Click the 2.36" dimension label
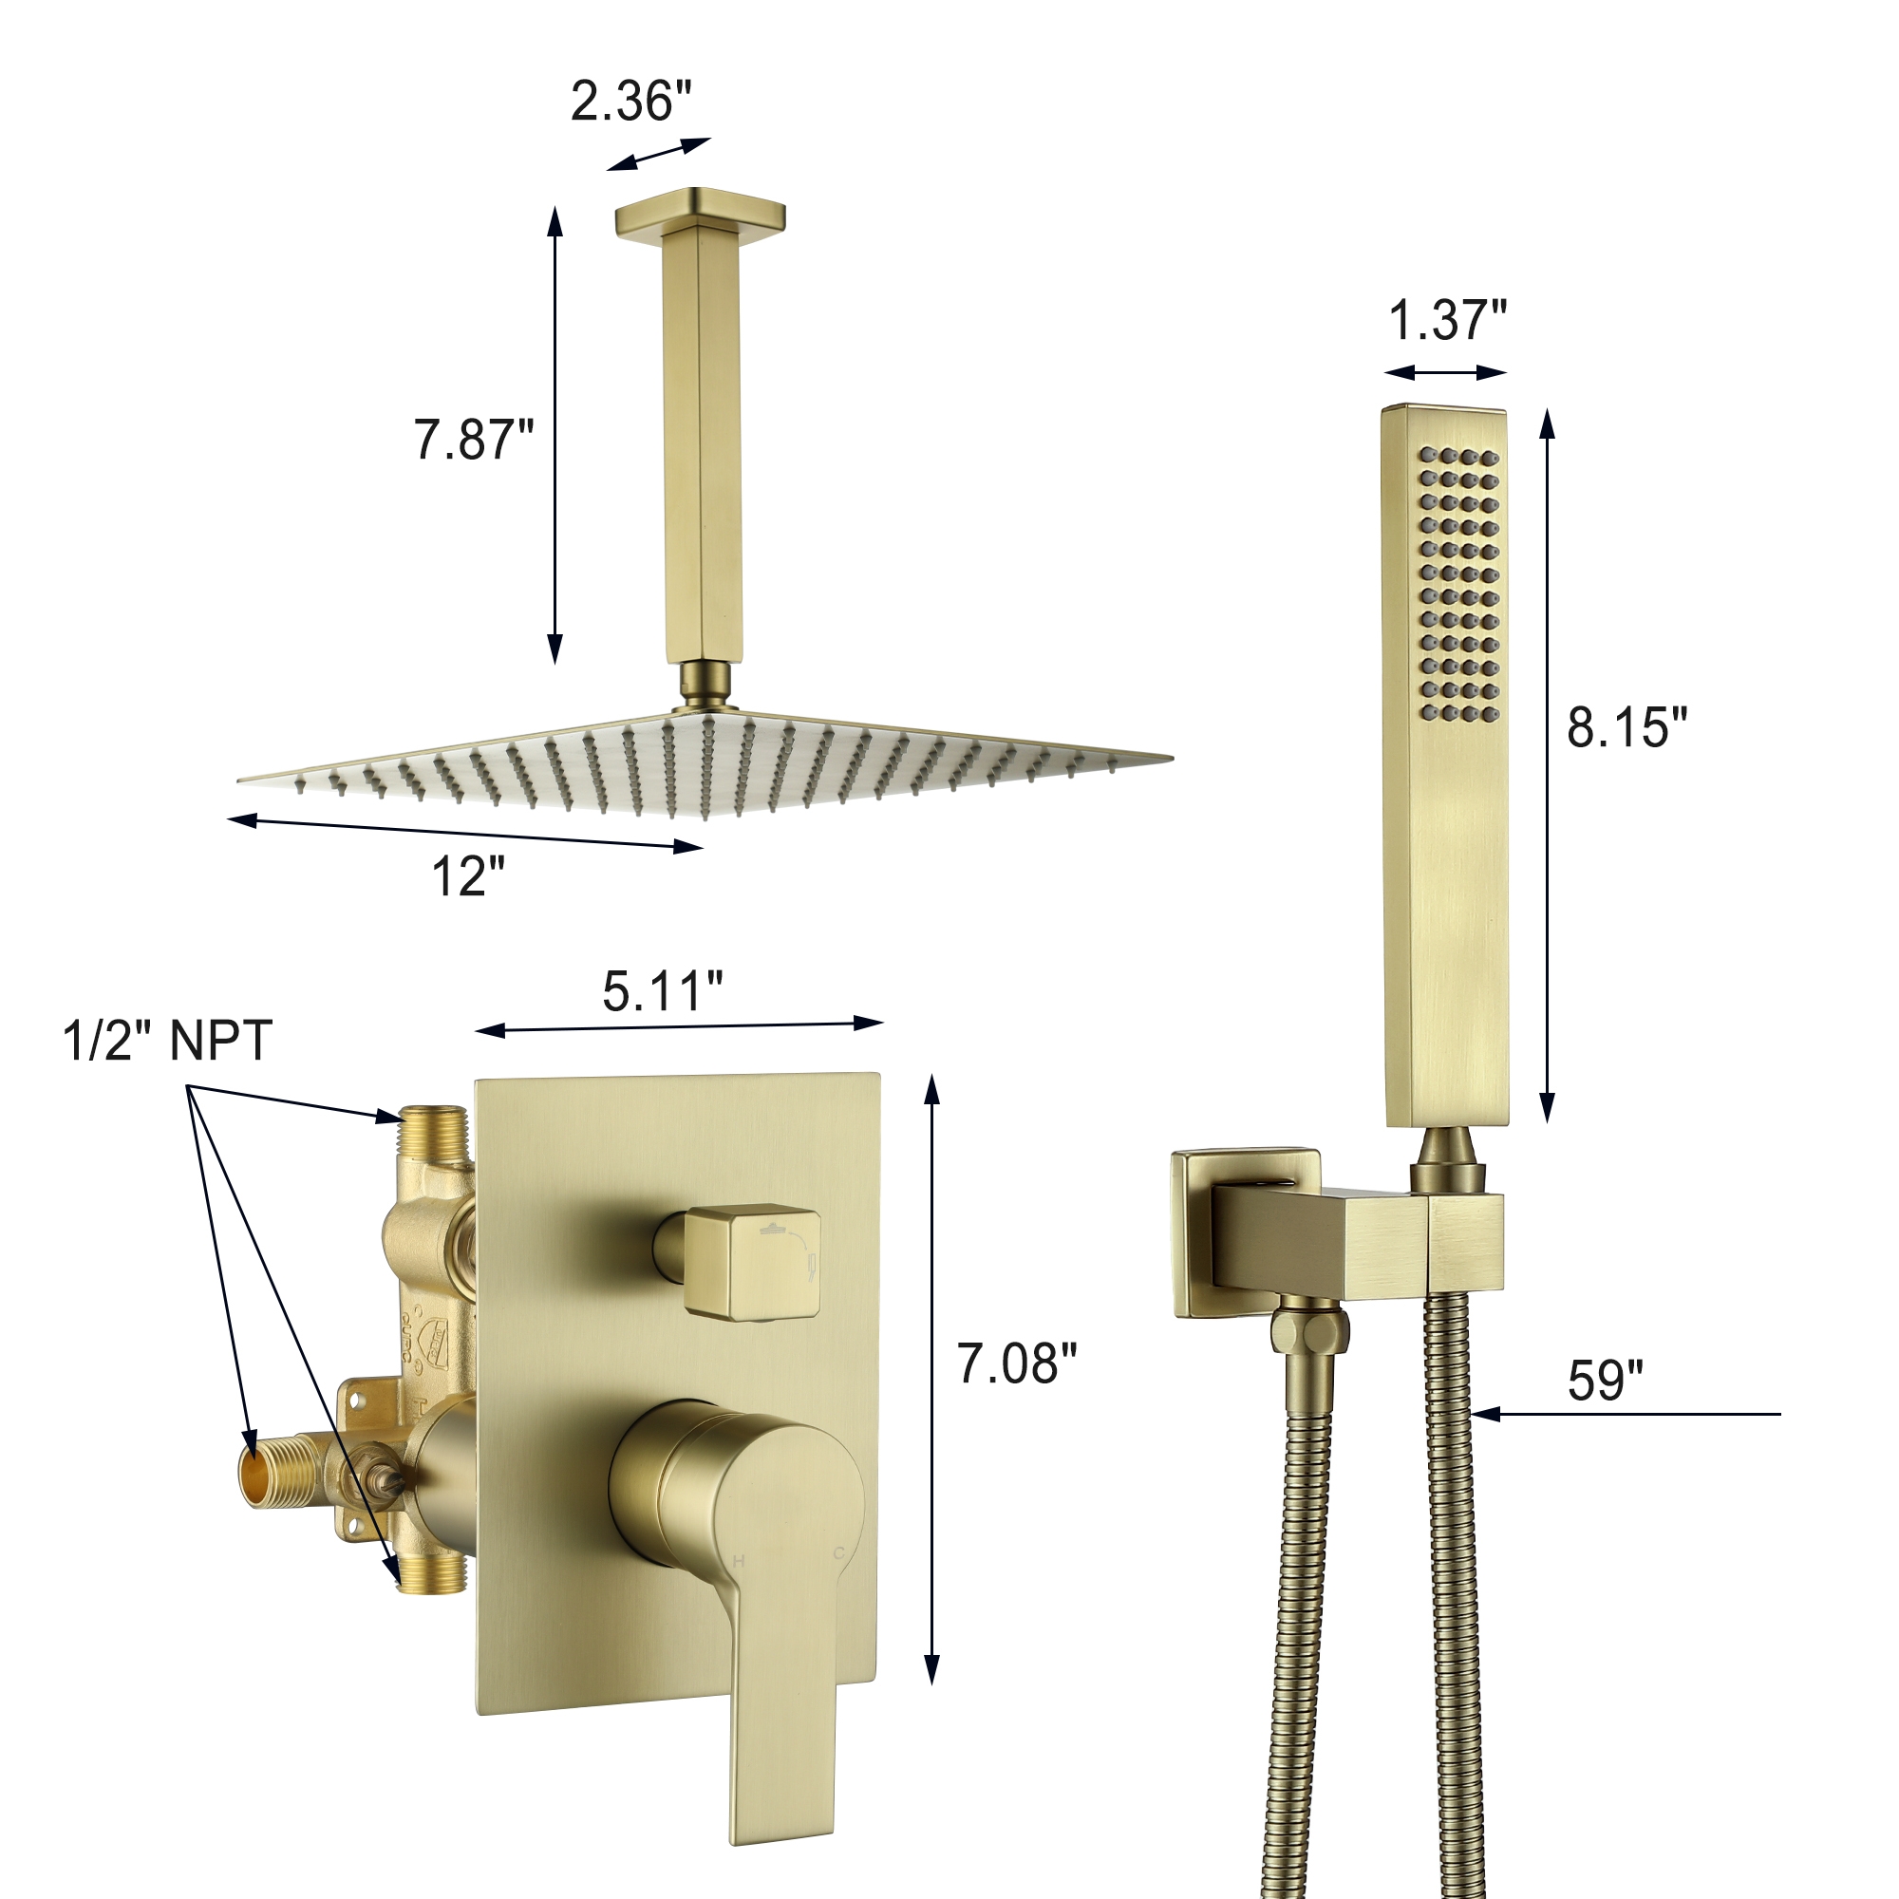click(631, 102)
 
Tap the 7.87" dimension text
click(473, 440)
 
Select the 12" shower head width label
click(468, 875)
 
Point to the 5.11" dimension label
click(663, 990)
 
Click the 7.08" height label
click(1017, 1364)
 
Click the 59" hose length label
click(1605, 1380)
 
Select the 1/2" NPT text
click(167, 1041)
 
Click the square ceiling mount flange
click(700, 212)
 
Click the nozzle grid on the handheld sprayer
click(1458, 585)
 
